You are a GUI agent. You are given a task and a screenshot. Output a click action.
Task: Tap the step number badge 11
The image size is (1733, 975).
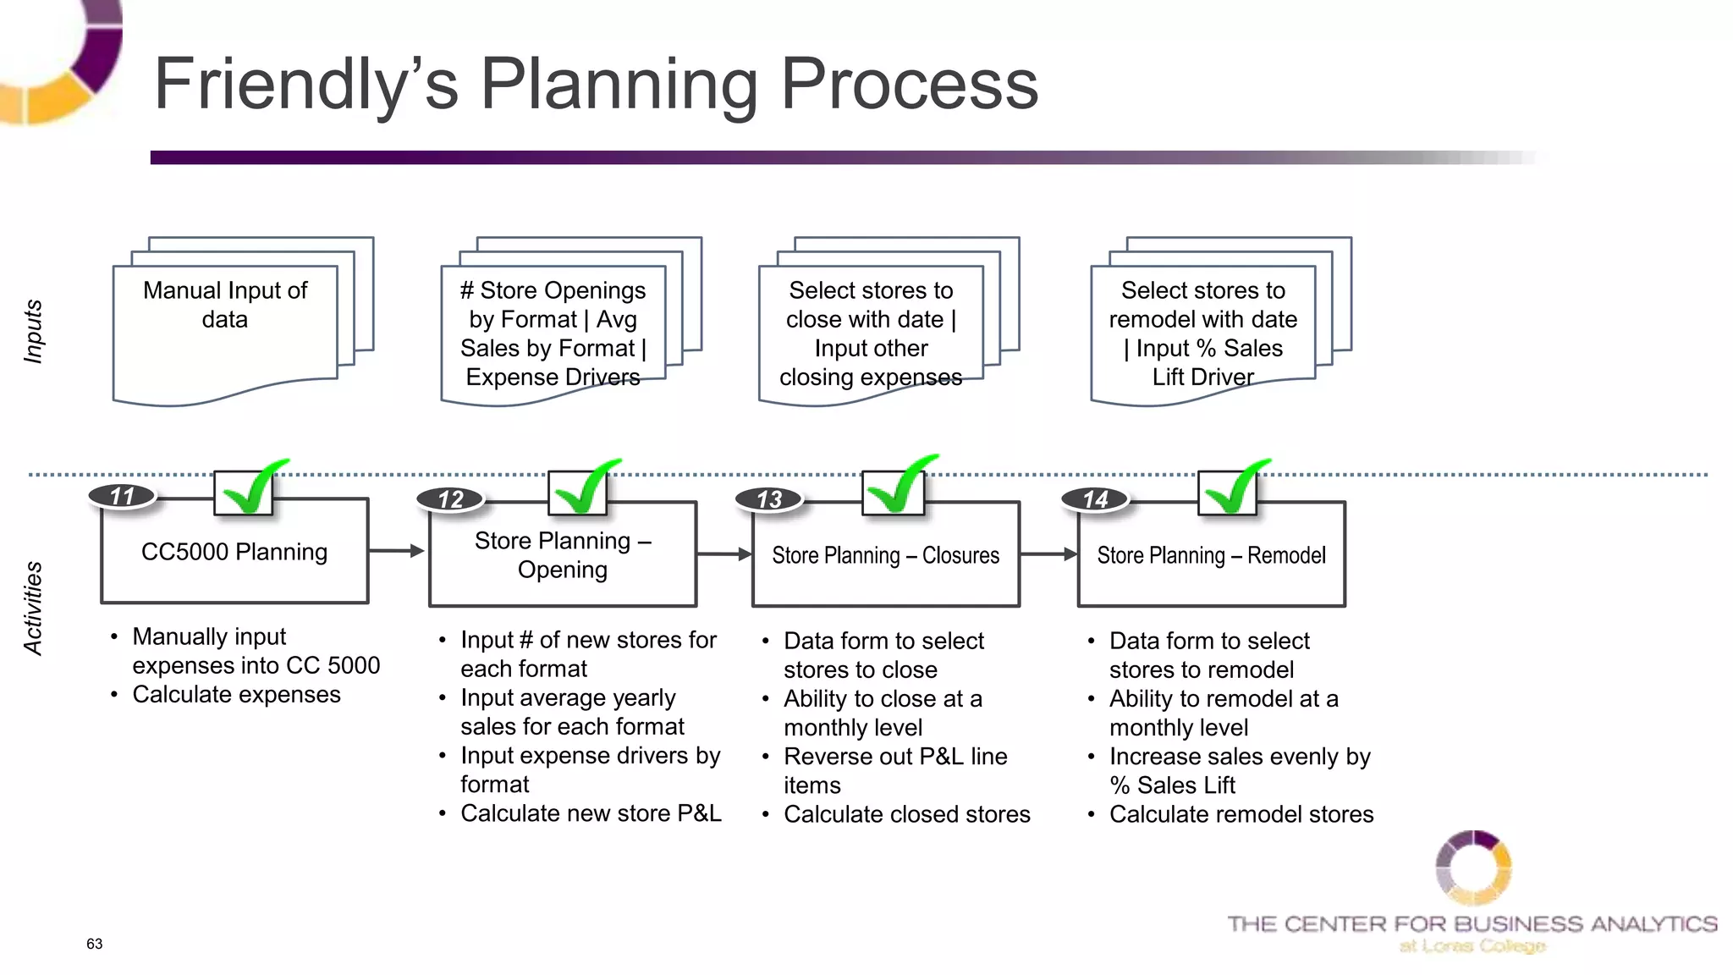pos(124,496)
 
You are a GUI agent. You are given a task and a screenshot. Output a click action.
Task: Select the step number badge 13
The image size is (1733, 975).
pos(769,499)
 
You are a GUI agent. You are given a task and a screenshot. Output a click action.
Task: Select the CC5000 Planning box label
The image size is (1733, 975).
pos(234,552)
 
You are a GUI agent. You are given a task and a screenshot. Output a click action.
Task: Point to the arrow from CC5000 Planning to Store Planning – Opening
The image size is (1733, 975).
pos(396,551)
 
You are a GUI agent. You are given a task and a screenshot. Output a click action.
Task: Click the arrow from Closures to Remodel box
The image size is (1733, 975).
pos(1048,554)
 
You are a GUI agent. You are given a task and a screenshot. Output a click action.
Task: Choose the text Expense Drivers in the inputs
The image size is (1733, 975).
pos(553,377)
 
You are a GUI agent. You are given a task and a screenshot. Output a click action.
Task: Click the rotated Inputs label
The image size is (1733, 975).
pos(33,331)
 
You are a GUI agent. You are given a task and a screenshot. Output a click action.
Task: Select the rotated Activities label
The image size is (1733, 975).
pos(33,608)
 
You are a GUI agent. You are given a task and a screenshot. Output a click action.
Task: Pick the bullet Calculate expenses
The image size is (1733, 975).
pos(236,695)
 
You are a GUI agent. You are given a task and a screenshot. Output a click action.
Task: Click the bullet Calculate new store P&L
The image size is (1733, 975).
pos(591,813)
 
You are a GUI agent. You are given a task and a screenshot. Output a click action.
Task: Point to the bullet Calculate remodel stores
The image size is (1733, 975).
pos(1241,814)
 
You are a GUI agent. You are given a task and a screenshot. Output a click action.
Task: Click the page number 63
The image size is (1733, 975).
pos(94,944)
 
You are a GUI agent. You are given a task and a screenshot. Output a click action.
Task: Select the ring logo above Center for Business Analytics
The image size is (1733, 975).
pos(1472,868)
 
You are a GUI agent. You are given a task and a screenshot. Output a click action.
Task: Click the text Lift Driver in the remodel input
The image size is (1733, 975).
pos(1202,377)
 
